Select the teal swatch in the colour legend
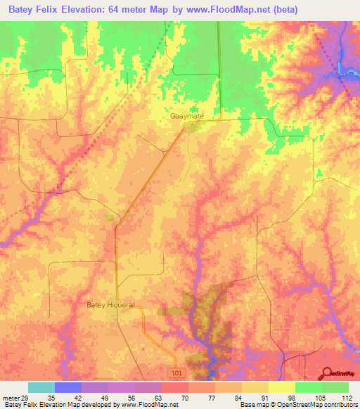coord(41,387)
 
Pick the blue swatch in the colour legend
coord(68,387)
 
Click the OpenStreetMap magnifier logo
coord(328,373)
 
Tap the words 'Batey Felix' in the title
coord(30,10)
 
